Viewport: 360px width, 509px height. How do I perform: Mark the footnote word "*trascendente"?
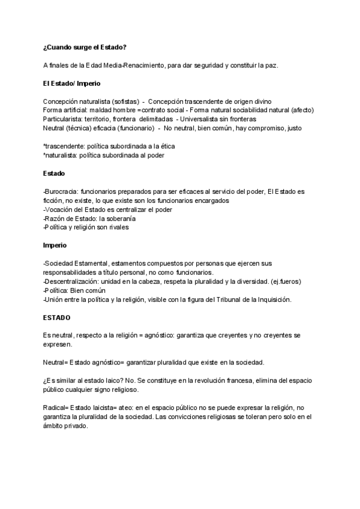pyautogui.click(x=64, y=146)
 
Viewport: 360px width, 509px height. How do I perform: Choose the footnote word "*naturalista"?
pyautogui.click(x=62, y=155)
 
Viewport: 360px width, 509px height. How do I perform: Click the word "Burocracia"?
pyautogui.click(x=62, y=191)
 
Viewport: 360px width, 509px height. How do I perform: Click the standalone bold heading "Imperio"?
pyautogui.click(x=55, y=245)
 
